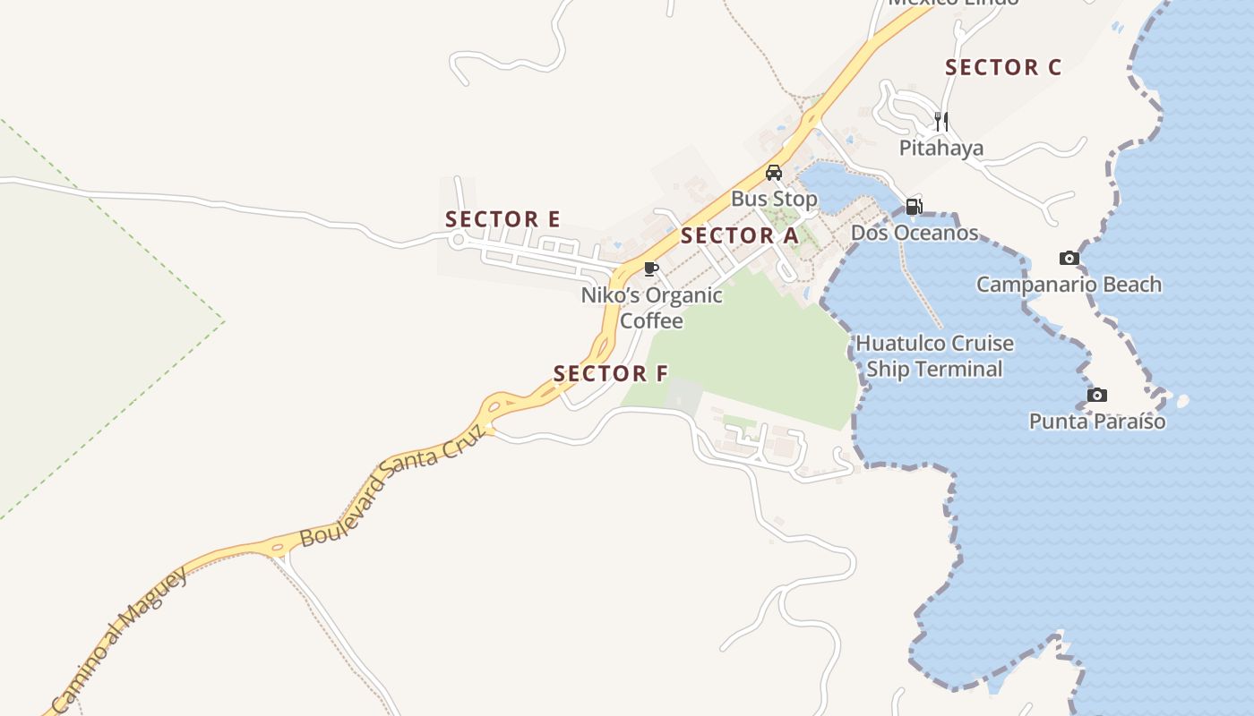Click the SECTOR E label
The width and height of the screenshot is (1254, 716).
[502, 219]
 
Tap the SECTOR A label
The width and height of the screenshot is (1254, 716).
[739, 236]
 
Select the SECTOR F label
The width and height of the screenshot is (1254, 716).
[611, 374]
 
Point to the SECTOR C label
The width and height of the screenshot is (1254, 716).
[1003, 67]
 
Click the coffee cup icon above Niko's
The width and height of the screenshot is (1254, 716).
[651, 268]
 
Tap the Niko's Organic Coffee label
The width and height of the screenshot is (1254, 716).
[652, 308]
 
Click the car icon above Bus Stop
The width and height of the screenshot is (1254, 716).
[773, 173]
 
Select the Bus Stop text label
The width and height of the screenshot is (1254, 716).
[774, 199]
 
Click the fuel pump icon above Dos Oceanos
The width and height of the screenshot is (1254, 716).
[914, 207]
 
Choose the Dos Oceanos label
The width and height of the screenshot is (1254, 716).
[914, 233]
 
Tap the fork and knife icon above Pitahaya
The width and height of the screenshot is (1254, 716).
[940, 121]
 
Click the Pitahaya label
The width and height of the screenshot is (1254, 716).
[941, 148]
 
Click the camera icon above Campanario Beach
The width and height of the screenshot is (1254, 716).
[1069, 259]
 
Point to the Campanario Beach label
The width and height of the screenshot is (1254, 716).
[1069, 285]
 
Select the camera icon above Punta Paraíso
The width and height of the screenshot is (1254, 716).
[1096, 395]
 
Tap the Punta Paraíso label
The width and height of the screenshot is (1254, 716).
[1097, 421]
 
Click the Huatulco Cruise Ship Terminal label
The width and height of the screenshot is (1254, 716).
[934, 356]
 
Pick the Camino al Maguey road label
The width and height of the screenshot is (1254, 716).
[120, 639]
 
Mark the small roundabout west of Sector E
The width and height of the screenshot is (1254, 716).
[459, 239]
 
